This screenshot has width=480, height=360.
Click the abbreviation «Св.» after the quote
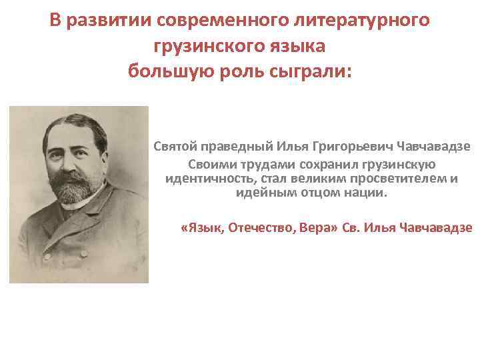[x=351, y=228]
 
